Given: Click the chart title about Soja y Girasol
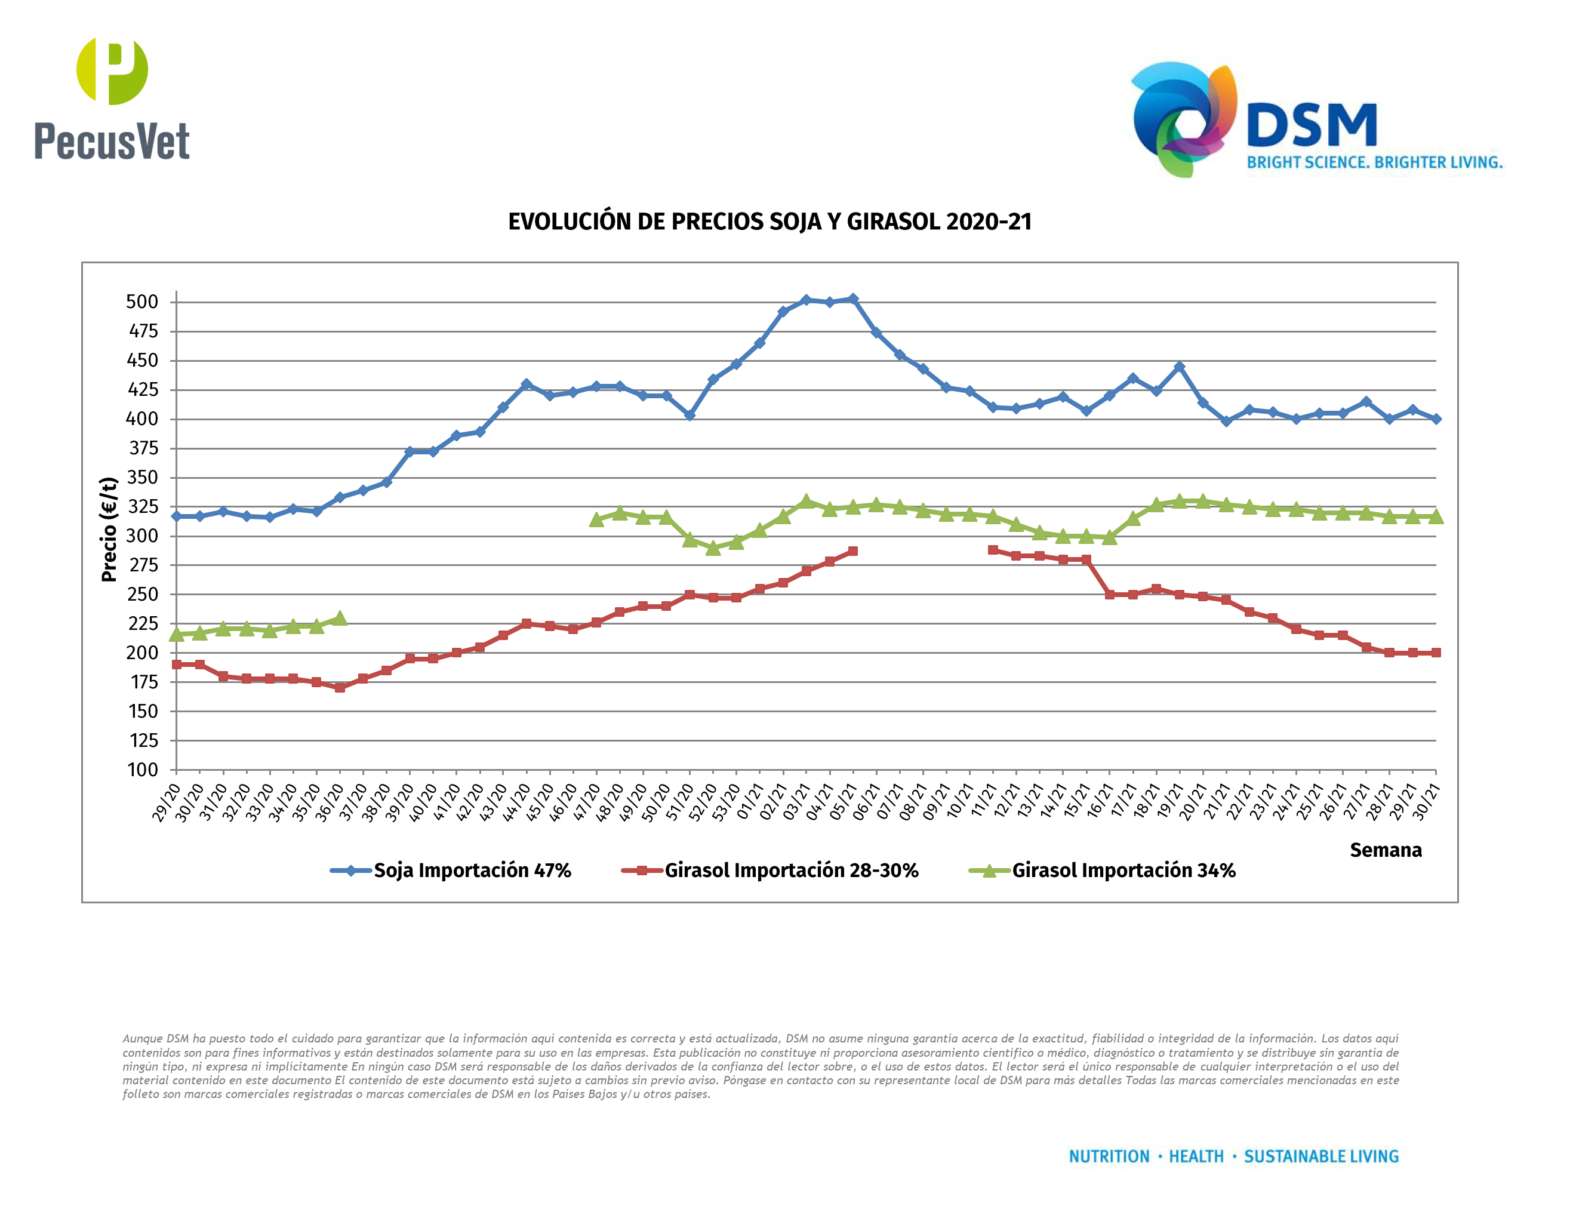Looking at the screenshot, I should point(770,222).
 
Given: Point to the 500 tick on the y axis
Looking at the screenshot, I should point(142,302).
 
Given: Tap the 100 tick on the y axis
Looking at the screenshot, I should point(143,770).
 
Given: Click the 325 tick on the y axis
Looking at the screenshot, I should point(143,506).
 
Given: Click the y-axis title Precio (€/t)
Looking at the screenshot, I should point(109,529).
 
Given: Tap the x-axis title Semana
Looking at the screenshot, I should point(1386,850).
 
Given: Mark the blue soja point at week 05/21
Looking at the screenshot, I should point(853,299).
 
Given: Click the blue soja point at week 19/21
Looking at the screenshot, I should point(1180,367).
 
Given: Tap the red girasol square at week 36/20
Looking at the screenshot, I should point(340,688).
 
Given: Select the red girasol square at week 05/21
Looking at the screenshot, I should point(853,551).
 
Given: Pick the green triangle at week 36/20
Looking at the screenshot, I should point(340,619).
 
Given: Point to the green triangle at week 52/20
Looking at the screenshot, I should point(713,548).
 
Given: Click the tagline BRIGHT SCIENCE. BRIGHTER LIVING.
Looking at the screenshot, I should point(1375,162).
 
